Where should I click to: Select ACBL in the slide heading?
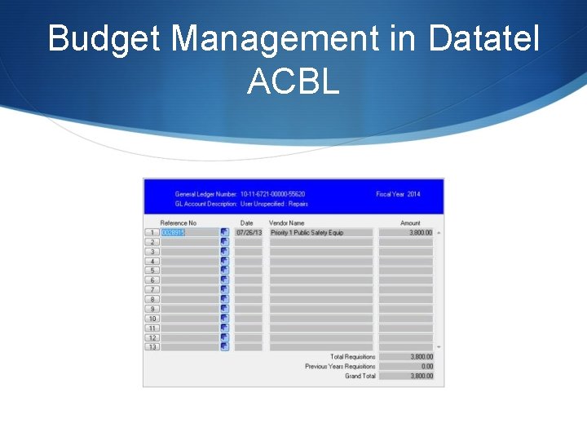pos(293,81)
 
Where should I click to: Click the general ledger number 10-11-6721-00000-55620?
pos(272,194)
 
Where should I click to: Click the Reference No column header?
pos(178,222)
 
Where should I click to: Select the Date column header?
pos(246,222)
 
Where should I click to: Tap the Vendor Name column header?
pos(286,222)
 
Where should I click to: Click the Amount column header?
pos(410,222)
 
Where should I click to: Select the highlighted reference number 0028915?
pos(173,232)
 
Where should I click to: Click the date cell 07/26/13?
pos(249,232)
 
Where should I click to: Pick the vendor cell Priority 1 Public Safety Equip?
pos(307,232)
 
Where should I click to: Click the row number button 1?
pos(152,232)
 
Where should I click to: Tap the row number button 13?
pos(152,347)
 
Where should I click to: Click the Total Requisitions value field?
pos(406,357)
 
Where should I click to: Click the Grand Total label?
pos(360,376)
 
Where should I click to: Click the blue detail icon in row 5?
pos(224,271)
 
